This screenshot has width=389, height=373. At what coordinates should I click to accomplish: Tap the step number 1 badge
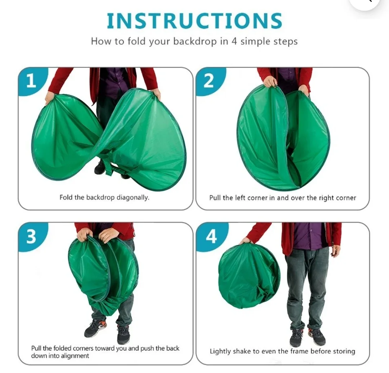(x=32, y=81)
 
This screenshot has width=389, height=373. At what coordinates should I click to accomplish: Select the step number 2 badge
(x=209, y=81)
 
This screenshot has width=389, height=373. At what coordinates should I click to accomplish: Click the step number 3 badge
(x=32, y=236)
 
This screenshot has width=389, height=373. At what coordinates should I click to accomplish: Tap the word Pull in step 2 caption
(x=215, y=198)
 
